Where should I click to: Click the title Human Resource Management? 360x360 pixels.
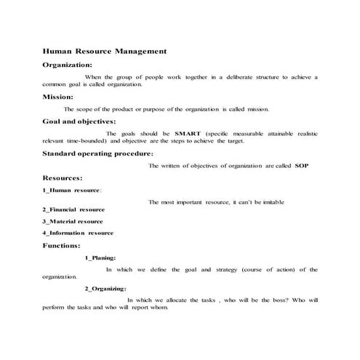(x=105, y=52)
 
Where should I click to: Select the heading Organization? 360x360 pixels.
(x=70, y=64)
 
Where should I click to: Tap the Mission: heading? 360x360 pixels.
(x=57, y=96)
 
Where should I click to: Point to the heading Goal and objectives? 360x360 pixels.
(x=79, y=121)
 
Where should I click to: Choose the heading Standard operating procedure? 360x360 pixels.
(x=97, y=153)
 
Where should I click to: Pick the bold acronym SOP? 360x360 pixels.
(x=302, y=166)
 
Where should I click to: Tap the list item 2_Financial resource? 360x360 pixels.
(x=73, y=209)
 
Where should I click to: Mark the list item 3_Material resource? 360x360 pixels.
(x=73, y=221)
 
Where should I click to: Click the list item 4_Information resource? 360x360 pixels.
(x=78, y=233)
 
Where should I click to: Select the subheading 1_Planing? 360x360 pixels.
(x=100, y=257)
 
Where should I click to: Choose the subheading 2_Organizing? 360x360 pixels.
(x=106, y=289)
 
